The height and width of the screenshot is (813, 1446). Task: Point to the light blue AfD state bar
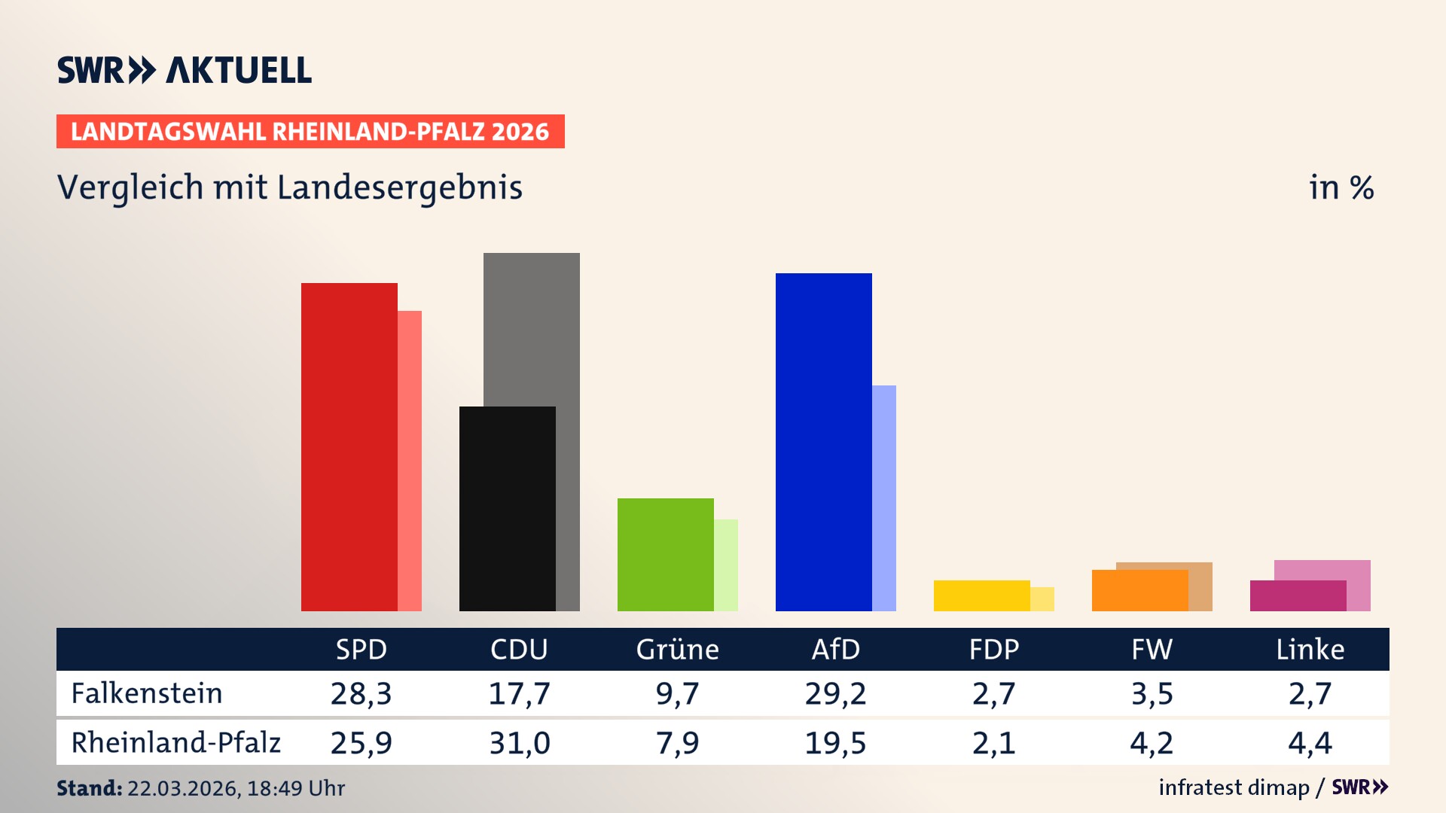click(x=884, y=497)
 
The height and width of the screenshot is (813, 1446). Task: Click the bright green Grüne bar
click(x=665, y=554)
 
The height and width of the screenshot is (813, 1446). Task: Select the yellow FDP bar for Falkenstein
click(x=981, y=595)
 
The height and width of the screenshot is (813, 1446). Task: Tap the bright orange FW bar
click(x=1139, y=591)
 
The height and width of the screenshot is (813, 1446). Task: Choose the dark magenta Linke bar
click(x=1298, y=596)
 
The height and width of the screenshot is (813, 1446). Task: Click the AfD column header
click(x=835, y=650)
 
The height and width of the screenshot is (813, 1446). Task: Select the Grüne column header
click(x=677, y=650)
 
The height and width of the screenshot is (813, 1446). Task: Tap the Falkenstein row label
click(x=147, y=693)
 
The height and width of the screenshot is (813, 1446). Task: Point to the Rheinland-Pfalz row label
click(x=175, y=743)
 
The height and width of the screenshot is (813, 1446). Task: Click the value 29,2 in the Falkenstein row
click(x=835, y=693)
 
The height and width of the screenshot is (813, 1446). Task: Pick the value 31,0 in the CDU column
click(x=519, y=743)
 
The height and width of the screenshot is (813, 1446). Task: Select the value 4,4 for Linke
click(x=1310, y=743)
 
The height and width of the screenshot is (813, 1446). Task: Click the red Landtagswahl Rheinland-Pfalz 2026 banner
click(x=310, y=132)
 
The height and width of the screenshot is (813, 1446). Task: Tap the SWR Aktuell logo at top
click(x=185, y=70)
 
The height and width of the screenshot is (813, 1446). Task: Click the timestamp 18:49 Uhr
click(x=295, y=788)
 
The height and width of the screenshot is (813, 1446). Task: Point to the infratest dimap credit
click(x=1234, y=787)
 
